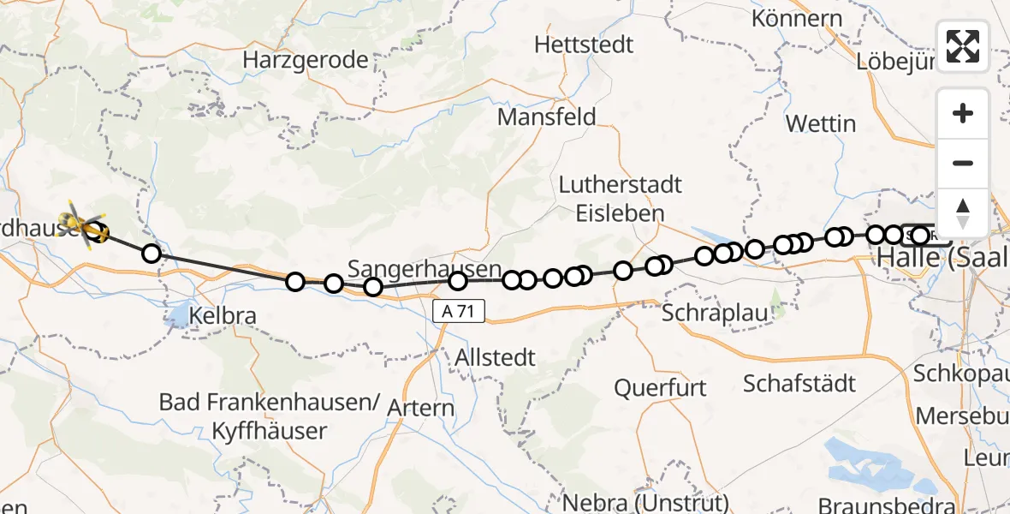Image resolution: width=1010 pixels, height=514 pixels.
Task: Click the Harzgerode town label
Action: click(306, 60)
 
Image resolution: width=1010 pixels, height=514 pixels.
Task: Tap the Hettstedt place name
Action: click(584, 44)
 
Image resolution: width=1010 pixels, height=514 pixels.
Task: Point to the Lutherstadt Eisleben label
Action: click(620, 198)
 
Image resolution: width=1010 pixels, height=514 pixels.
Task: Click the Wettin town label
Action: click(820, 123)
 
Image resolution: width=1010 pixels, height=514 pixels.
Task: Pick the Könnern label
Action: click(797, 18)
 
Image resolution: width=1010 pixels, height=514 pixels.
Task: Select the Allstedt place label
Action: click(496, 357)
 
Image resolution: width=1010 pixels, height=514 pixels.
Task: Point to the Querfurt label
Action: click(660, 387)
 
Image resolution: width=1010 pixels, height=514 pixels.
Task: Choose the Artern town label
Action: click(420, 408)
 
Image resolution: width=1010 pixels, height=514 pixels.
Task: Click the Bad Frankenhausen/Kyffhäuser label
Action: click(269, 415)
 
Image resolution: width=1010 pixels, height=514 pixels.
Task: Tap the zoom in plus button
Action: click(963, 114)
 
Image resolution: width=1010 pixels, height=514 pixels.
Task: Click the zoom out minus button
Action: click(963, 164)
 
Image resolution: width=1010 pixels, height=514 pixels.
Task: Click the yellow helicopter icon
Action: click(84, 225)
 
